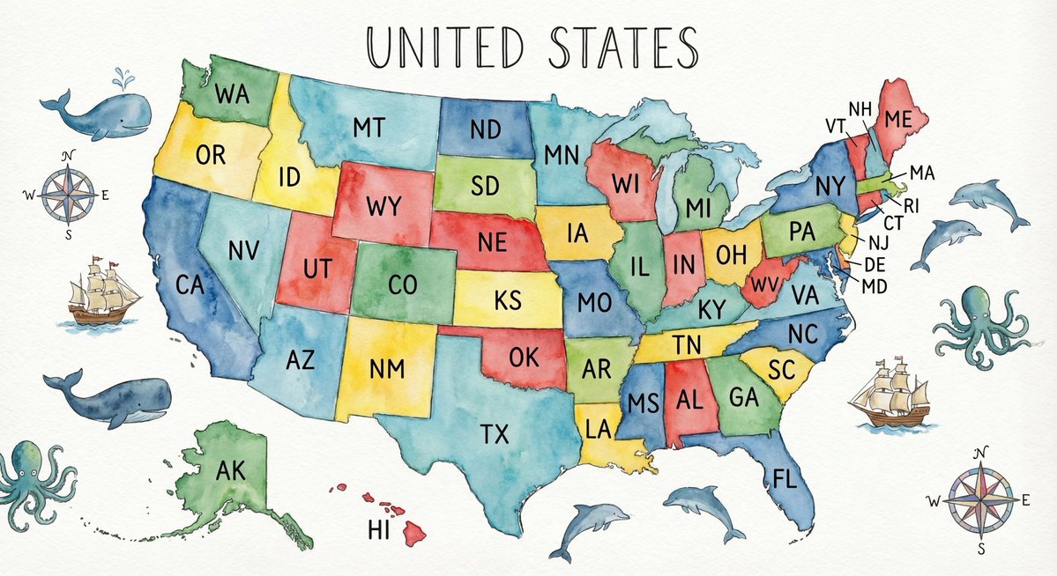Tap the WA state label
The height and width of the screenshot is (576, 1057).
[x=231, y=92]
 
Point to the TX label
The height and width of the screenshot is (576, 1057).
[x=495, y=432]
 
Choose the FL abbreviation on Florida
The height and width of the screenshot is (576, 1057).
[x=784, y=478]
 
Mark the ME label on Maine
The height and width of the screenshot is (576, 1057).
[x=897, y=119]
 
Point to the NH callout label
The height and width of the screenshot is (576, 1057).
[x=860, y=108]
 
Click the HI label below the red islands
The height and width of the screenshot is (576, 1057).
[x=377, y=530]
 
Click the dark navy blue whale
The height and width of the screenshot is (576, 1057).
[x=110, y=401]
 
